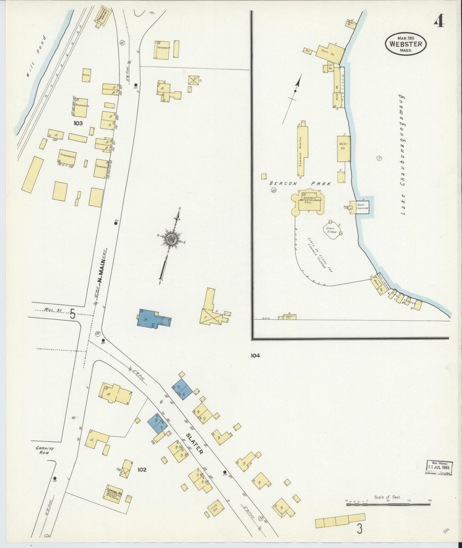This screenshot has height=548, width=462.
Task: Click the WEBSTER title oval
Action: [406, 44]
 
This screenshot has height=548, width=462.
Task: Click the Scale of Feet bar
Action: [388, 504]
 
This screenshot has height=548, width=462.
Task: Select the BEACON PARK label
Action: [300, 184]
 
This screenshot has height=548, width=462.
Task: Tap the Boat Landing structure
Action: [362, 207]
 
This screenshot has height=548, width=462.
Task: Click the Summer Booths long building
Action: [302, 150]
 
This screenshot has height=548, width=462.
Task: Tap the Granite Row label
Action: [45, 451]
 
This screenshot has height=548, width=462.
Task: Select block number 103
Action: [78, 123]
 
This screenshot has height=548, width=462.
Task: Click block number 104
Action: [255, 355]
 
